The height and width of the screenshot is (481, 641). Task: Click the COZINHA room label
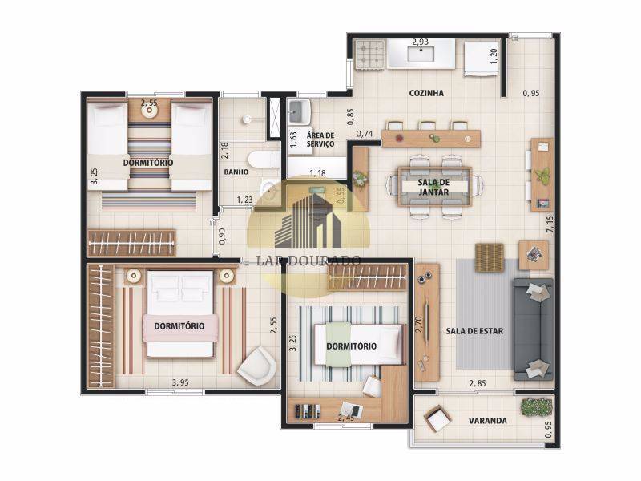[x=425, y=93]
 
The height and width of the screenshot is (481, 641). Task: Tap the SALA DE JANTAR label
[x=433, y=188]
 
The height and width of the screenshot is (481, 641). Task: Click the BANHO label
[x=236, y=172]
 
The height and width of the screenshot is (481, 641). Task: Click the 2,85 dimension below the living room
[x=478, y=383]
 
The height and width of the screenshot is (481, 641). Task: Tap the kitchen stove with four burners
[x=371, y=54]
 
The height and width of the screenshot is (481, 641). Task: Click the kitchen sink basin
[x=421, y=55]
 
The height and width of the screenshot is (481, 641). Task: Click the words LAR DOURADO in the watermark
[x=308, y=260]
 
